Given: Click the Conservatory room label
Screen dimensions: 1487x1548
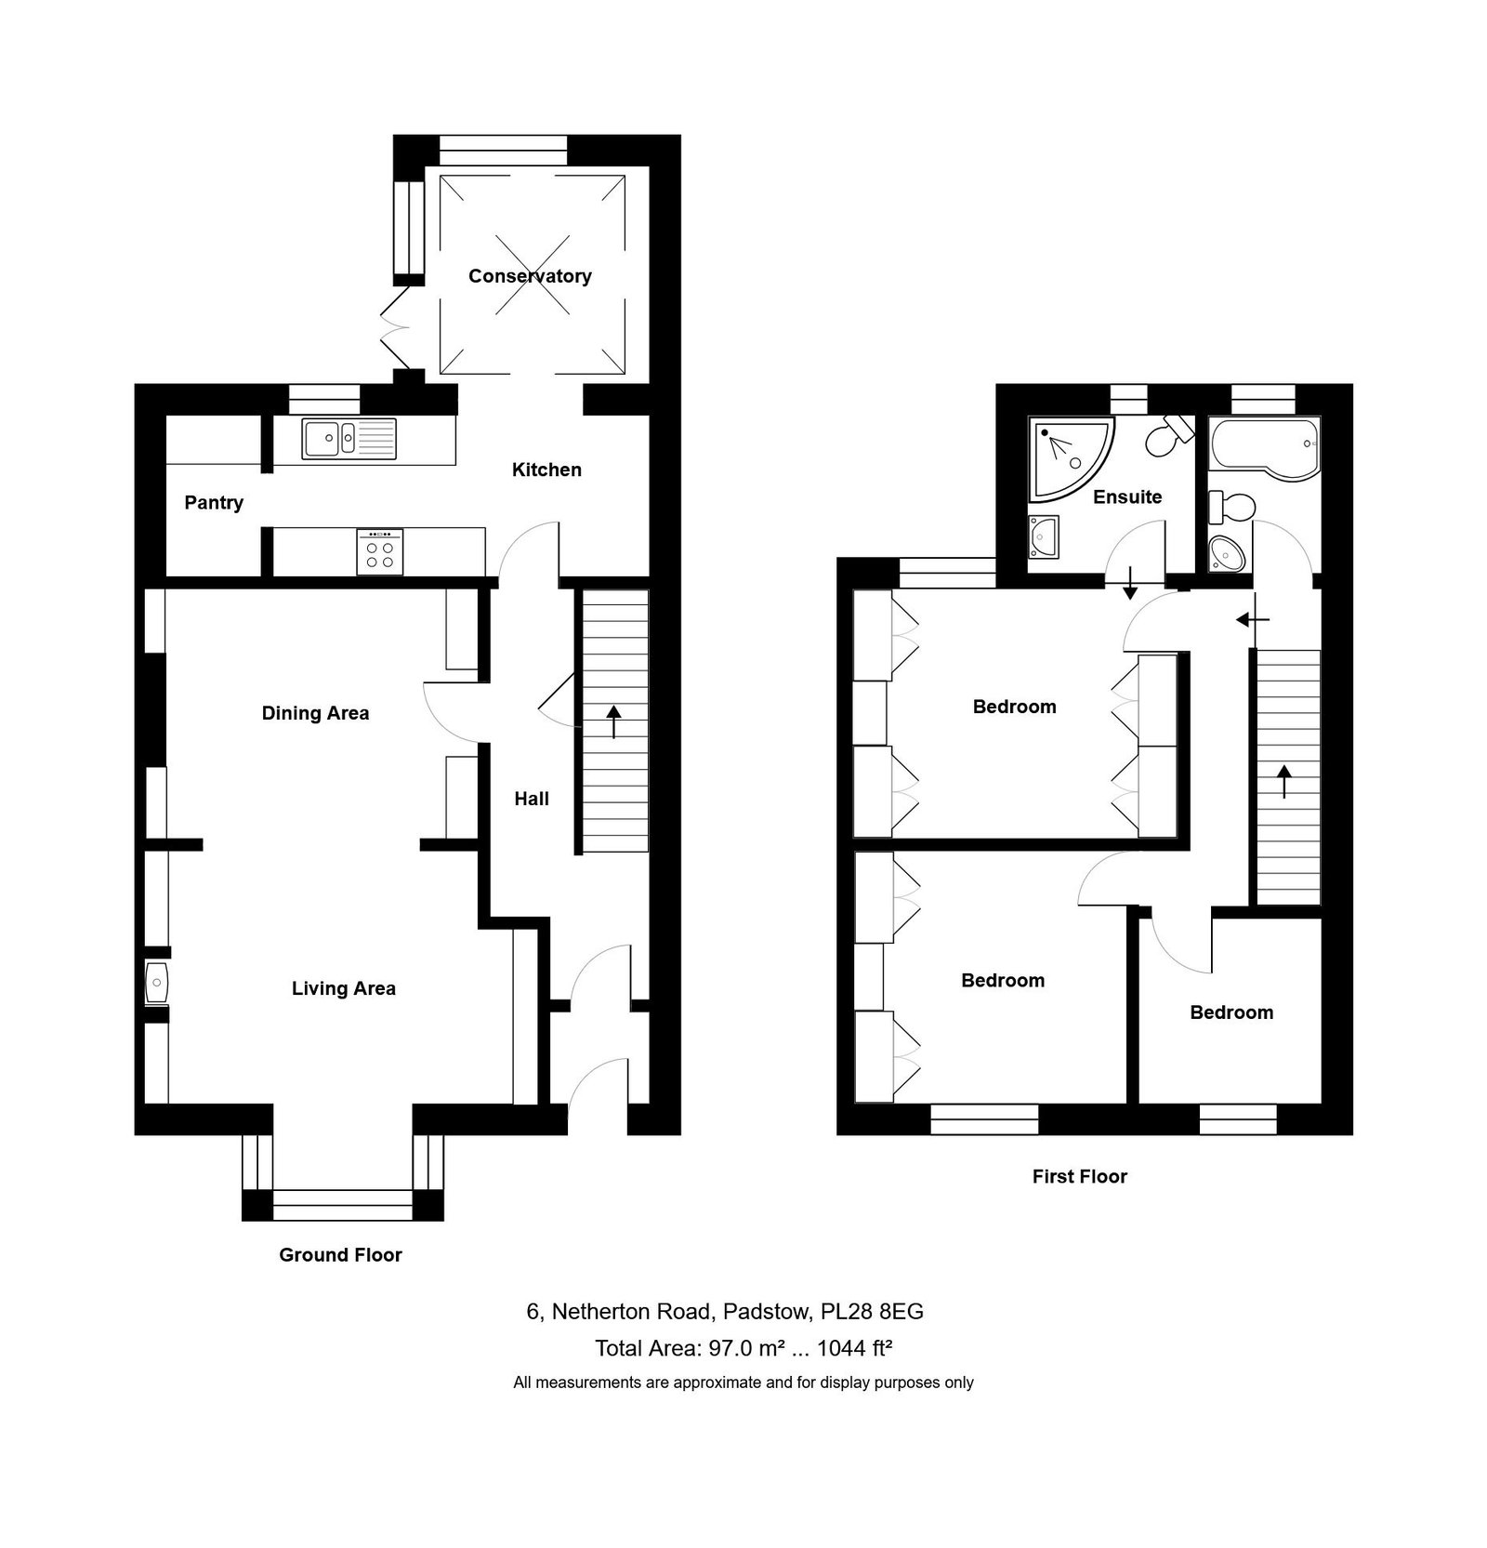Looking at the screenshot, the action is (x=530, y=276).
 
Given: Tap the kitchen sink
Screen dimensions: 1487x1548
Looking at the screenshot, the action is (x=349, y=438).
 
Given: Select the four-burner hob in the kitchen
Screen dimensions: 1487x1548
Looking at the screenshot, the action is (x=380, y=551).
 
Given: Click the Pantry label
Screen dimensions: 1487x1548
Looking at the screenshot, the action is (x=214, y=503).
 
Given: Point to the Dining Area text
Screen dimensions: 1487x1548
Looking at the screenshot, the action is (x=315, y=713).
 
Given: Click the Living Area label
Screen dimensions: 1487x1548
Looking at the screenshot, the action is (x=344, y=988).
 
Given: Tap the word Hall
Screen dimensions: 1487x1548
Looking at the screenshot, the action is (x=532, y=799).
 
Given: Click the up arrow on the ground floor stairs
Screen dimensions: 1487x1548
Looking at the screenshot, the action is (x=614, y=722).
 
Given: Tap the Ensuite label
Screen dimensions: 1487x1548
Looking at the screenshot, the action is (x=1127, y=497).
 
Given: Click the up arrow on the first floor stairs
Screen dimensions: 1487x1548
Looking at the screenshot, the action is (x=1284, y=782).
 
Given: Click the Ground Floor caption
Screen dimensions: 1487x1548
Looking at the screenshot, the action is (x=340, y=1255).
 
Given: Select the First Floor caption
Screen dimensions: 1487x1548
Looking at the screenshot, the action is (x=1079, y=1176).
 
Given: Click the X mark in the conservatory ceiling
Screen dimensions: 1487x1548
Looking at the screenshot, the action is (x=530, y=276).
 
